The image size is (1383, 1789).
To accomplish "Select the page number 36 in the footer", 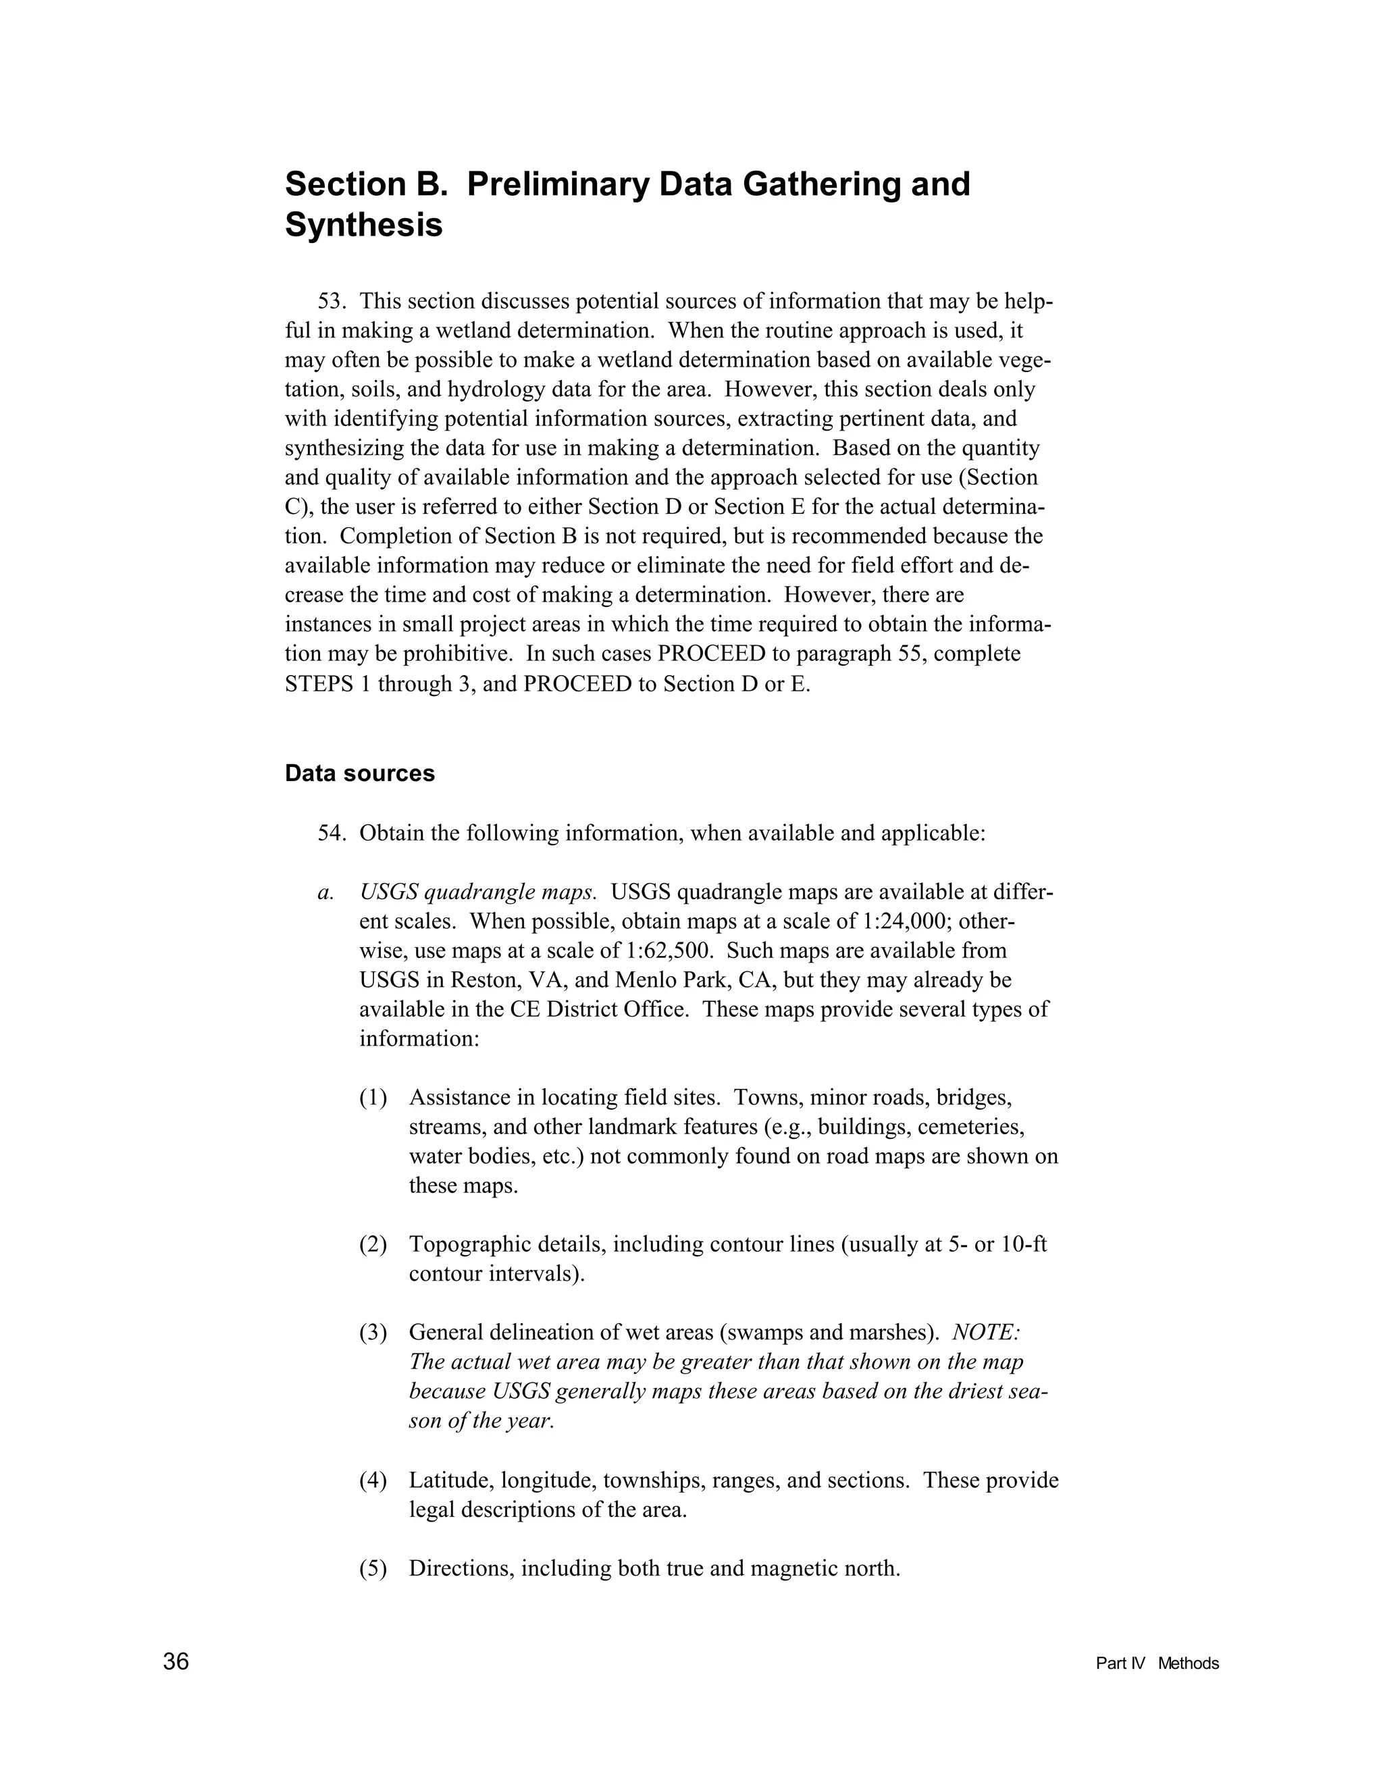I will click(176, 1662).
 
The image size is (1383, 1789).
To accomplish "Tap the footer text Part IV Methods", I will click(1157, 1663).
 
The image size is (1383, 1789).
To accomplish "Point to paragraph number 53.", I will click(332, 302).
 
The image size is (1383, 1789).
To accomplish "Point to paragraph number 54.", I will click(332, 833).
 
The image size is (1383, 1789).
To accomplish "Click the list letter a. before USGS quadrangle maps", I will click(326, 892).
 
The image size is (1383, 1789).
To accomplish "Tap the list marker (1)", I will click(373, 1097).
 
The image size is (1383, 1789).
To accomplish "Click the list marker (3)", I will click(373, 1333).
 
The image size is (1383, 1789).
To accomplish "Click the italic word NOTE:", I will click(986, 1333).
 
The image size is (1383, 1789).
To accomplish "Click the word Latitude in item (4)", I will click(450, 1480).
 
